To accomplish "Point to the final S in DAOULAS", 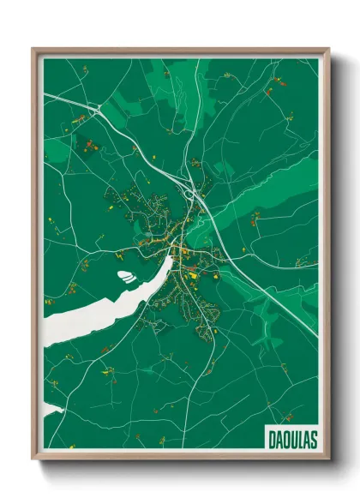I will point(313,438).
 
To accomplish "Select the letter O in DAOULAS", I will point(285,438).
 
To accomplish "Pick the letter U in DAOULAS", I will point(292,438).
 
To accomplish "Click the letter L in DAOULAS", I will point(299,438).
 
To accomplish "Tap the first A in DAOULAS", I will point(278,438).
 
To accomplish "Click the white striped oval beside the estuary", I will point(126,277).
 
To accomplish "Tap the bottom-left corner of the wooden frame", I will point(33,460).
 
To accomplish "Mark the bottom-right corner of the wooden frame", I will point(329,460).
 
